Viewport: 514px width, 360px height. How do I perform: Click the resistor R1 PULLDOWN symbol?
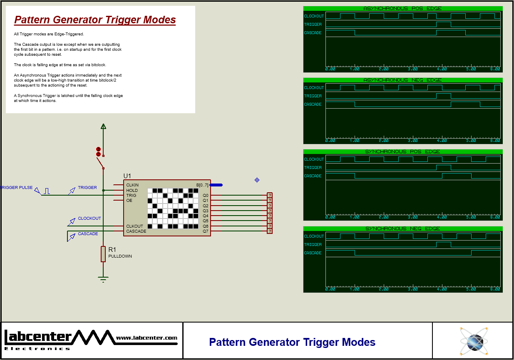pyautogui.click(x=103, y=253)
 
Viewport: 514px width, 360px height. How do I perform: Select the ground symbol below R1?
pyautogui.click(x=103, y=279)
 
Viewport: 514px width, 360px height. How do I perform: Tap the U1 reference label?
pyautogui.click(x=127, y=176)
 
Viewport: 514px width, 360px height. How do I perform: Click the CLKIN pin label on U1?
pyautogui.click(x=132, y=185)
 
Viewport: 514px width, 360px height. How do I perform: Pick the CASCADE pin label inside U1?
pyautogui.click(x=136, y=231)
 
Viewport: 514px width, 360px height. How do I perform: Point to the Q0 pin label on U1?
pyautogui.click(x=205, y=195)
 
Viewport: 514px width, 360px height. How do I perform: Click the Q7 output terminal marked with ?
pyautogui.click(x=270, y=231)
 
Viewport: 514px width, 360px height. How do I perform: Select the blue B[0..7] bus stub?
pyautogui.click(x=216, y=185)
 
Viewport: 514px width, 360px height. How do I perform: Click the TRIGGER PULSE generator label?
pyautogui.click(x=17, y=188)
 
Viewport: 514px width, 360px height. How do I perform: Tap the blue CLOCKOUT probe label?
pyautogui.click(x=89, y=218)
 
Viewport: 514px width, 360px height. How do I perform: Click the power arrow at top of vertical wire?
pyautogui.click(x=103, y=127)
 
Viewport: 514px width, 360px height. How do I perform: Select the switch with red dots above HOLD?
pyautogui.click(x=100, y=158)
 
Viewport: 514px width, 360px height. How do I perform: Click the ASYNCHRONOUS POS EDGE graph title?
pyautogui.click(x=402, y=8)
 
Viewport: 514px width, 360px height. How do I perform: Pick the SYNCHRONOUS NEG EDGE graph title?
pyautogui.click(x=402, y=228)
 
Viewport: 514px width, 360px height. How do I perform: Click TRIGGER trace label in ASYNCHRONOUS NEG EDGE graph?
pyautogui.click(x=313, y=96)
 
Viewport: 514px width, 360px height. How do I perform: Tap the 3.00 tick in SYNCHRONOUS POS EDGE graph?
pyautogui.click(x=412, y=217)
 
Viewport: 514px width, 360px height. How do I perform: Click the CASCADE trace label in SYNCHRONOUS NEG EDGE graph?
pyautogui.click(x=313, y=253)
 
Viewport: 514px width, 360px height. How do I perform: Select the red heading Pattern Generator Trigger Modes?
pyautogui.click(x=95, y=20)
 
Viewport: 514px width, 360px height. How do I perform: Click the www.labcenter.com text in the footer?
pyautogui.click(x=147, y=338)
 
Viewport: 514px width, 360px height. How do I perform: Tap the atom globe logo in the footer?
pyautogui.click(x=473, y=341)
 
